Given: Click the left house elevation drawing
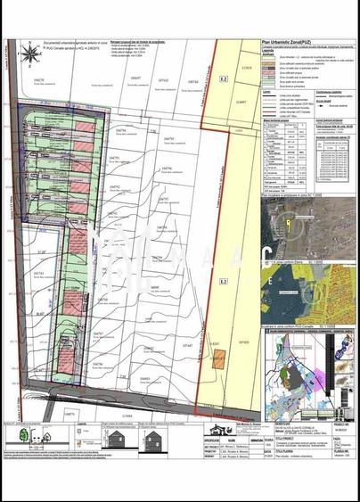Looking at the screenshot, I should point(116,440).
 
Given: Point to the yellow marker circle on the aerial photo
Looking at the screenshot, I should point(286,218).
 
